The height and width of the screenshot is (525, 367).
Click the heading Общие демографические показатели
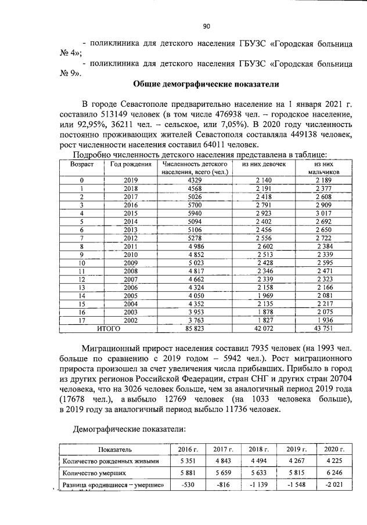[206, 84]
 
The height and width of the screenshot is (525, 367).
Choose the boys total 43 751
[324, 328]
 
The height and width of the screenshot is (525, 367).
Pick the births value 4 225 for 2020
[334, 462]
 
